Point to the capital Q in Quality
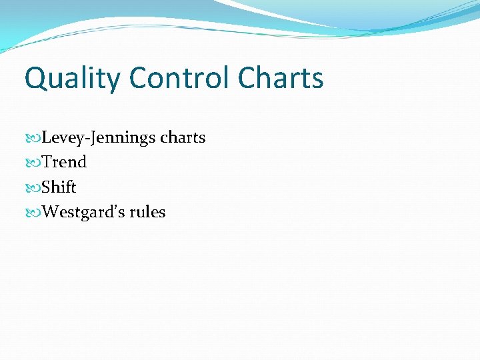click(36, 79)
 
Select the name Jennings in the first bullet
click(119, 138)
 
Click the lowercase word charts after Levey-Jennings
click(183, 138)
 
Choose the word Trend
click(64, 162)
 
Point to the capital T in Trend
click(47, 162)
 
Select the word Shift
click(59, 187)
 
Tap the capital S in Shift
click(46, 187)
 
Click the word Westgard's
click(83, 213)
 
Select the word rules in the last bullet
click(147, 213)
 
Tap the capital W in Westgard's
click(49, 213)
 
